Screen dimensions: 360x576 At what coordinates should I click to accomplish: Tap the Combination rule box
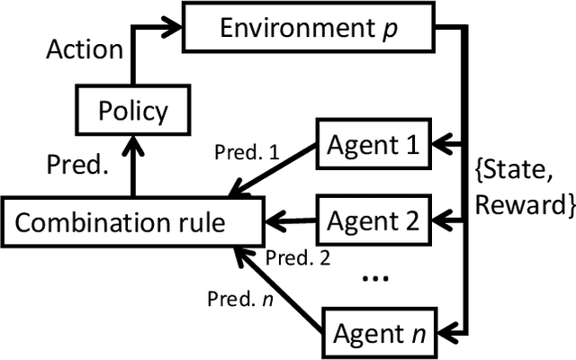133,220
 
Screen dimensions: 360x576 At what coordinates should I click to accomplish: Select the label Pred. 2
299,258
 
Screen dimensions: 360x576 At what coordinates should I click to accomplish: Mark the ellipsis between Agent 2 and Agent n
373,277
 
